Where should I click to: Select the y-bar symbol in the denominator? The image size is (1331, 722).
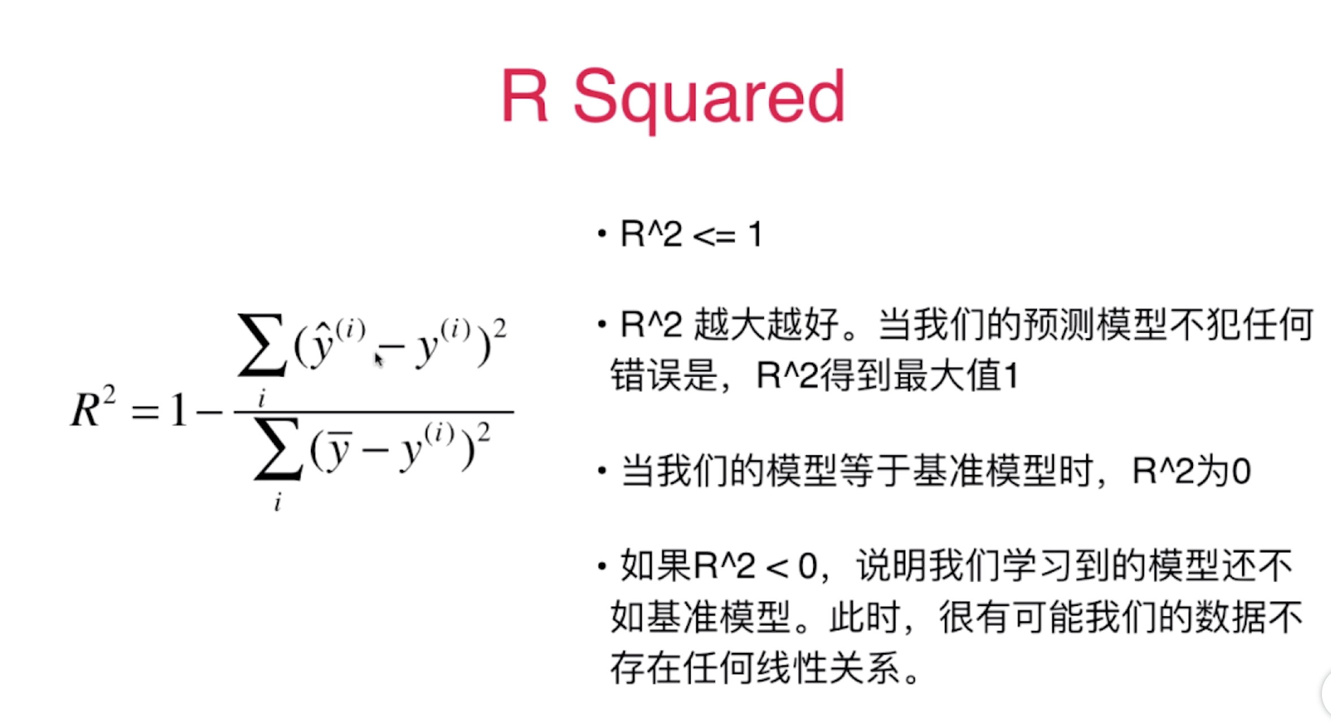338,450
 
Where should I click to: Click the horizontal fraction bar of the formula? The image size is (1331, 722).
373,412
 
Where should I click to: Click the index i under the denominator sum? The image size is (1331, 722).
278,502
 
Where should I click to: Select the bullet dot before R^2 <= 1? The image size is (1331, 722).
602,233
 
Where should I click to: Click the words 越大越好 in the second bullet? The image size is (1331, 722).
766,325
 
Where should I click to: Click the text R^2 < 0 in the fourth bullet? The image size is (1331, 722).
755,566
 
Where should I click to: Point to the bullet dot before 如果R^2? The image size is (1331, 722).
602,566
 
